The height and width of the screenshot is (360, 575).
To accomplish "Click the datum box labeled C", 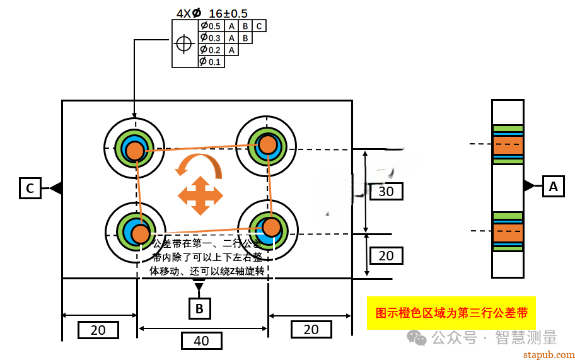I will pos(30,188).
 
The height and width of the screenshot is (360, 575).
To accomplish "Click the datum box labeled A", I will pos(553,187).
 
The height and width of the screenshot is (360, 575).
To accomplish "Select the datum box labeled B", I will pos(199,308).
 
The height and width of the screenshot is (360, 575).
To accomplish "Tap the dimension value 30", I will pos(386,191).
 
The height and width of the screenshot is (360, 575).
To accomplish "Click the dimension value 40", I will pos(201,341).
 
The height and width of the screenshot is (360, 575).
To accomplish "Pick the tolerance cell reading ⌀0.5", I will pos(211,26).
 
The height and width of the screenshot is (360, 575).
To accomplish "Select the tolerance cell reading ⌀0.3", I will pos(211,38).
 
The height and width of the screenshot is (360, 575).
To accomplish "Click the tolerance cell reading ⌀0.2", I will pos(211,50).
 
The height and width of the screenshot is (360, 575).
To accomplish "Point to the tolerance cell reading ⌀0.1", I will pos(211,62).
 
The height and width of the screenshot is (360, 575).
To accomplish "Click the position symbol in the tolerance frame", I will pos(184,44).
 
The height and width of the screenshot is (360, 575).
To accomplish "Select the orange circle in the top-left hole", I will pos(135,151).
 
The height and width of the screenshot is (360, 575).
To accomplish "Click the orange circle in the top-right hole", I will pos(268,144).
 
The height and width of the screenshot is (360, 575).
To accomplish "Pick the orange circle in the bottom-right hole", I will pos(272,226).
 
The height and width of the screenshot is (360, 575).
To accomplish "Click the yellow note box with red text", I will pos(451,313).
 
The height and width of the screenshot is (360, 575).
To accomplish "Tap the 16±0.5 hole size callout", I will pos(228,13).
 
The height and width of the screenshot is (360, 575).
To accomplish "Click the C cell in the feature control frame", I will pos(259,26).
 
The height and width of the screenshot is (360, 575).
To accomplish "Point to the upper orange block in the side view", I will pos(508,146).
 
